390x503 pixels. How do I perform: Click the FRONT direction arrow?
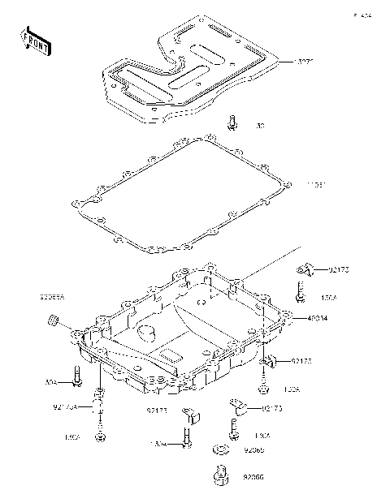click(x=35, y=41)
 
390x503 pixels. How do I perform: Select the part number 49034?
click(x=318, y=319)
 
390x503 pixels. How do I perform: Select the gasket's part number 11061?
click(x=316, y=185)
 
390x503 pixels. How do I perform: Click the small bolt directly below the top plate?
click(x=232, y=123)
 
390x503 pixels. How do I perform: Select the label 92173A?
click(x=67, y=406)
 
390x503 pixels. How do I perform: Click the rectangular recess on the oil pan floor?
click(x=171, y=355)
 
